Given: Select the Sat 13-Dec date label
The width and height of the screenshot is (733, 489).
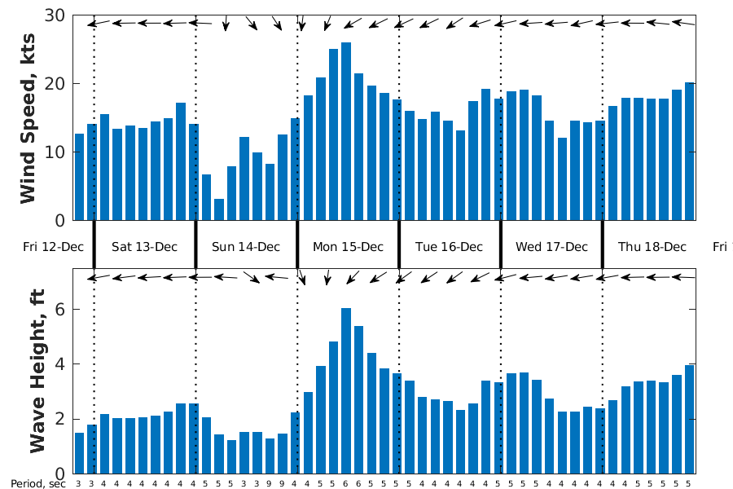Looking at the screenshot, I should pyautogui.click(x=145, y=247).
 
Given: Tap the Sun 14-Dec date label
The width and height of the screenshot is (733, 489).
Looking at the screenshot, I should pyautogui.click(x=246, y=247).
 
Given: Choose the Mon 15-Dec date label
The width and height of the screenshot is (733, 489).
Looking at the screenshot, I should pyautogui.click(x=348, y=247).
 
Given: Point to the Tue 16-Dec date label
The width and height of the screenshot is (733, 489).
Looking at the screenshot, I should pyautogui.click(x=449, y=247).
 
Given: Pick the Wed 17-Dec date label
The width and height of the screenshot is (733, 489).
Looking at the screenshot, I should pyautogui.click(x=551, y=247).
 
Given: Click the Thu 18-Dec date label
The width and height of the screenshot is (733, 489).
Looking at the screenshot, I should pyautogui.click(x=652, y=247).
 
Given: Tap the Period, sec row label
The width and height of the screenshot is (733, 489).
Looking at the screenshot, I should pyautogui.click(x=37, y=483).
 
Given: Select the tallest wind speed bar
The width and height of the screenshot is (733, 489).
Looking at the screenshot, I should pyautogui.click(x=346, y=131).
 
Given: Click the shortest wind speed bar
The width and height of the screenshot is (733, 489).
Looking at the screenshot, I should pyautogui.click(x=219, y=209).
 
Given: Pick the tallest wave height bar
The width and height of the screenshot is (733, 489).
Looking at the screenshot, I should pyautogui.click(x=346, y=390).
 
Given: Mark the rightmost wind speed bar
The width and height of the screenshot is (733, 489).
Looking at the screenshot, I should pyautogui.click(x=689, y=152).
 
